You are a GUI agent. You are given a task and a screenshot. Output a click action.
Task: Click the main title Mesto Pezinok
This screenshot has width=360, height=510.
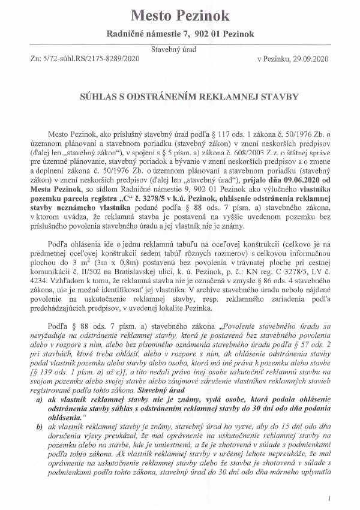(180, 14)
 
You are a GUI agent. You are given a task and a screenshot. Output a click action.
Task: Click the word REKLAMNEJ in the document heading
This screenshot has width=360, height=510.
(219, 96)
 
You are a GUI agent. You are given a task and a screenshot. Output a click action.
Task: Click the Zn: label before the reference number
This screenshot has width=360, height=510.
(35, 59)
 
